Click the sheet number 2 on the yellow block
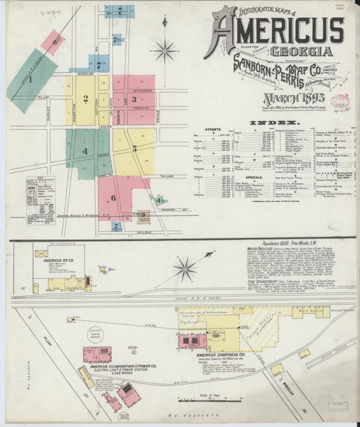pos(86,99)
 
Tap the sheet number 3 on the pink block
pos(134,99)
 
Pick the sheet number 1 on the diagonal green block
pos(30,80)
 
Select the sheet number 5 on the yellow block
pos(134,148)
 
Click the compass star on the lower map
pos(184,269)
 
